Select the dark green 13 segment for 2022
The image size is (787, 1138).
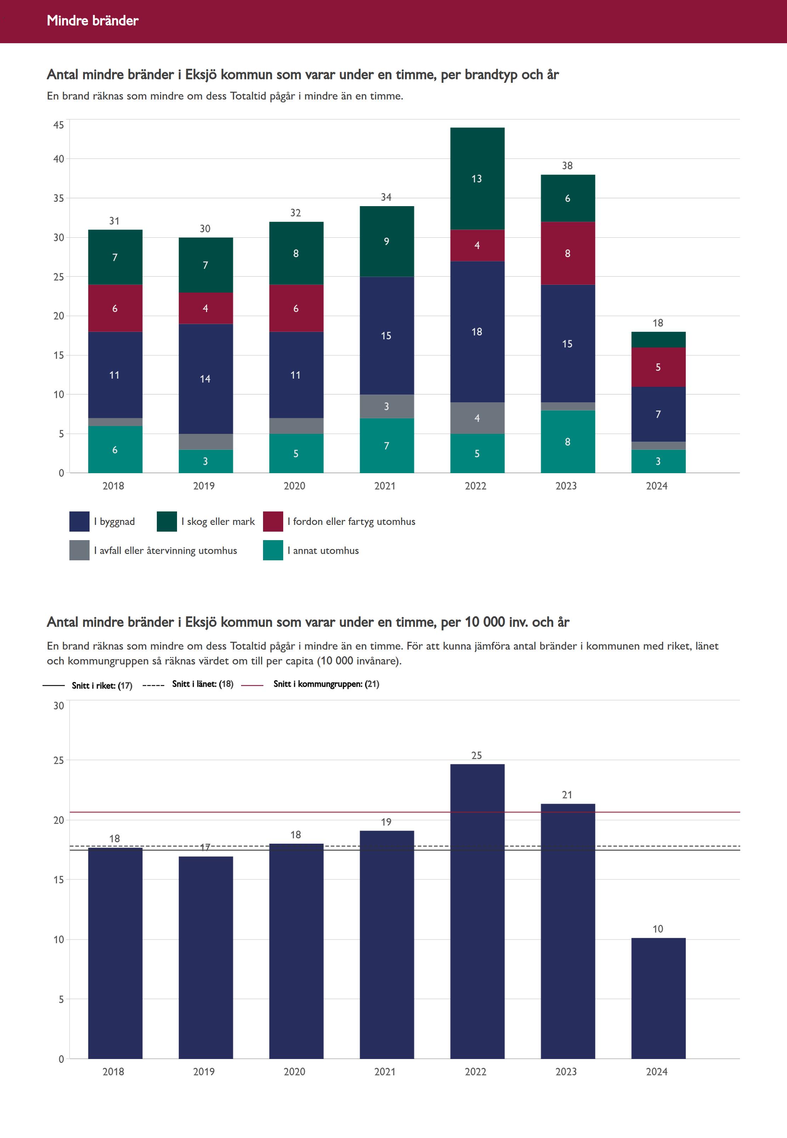(x=477, y=179)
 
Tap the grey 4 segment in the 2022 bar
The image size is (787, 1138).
(x=477, y=418)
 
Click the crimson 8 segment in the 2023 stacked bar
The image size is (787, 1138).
(x=568, y=253)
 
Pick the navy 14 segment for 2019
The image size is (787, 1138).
(x=205, y=378)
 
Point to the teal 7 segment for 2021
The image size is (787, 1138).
(x=387, y=446)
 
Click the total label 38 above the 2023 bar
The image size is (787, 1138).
(x=567, y=166)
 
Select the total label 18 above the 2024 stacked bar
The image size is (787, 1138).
(x=658, y=323)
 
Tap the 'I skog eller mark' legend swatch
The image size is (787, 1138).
(x=167, y=521)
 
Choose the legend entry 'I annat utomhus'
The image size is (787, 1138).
(x=323, y=550)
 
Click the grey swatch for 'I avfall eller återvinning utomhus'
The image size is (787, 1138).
(x=79, y=550)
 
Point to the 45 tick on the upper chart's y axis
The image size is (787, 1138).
(x=59, y=125)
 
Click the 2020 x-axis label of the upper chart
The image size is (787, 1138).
(x=295, y=486)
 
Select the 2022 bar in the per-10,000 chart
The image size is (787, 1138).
(x=477, y=913)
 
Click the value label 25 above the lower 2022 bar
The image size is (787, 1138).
(x=477, y=755)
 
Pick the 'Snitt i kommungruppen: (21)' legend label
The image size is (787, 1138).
(x=326, y=684)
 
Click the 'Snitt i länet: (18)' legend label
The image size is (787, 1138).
(x=202, y=684)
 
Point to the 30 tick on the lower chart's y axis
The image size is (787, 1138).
(x=59, y=706)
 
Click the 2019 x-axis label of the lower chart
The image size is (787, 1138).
(x=204, y=1071)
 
